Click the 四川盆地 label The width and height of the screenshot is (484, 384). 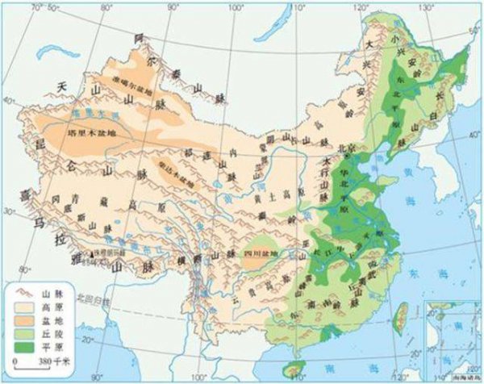[259, 253]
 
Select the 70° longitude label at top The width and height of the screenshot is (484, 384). [36, 7]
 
